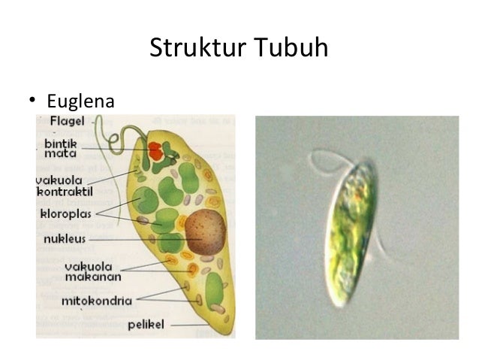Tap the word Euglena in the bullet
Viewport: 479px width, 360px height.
click(x=80, y=100)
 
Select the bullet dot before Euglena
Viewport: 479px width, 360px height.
click(x=32, y=100)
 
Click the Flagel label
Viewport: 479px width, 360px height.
click(x=66, y=121)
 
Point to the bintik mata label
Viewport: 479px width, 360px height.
click(x=61, y=147)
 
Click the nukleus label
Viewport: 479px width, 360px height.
click(x=65, y=240)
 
